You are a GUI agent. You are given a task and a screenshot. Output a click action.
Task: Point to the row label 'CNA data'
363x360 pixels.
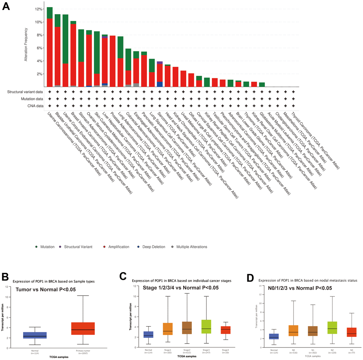(x=34, y=105)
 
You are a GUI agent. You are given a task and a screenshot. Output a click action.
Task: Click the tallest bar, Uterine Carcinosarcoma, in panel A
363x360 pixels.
(x=50, y=50)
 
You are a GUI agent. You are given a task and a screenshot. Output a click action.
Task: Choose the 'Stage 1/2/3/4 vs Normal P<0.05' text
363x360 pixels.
(x=181, y=288)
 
